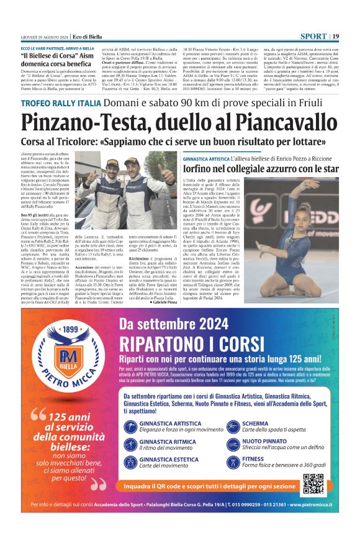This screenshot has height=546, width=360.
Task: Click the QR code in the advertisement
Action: point(314,483)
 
